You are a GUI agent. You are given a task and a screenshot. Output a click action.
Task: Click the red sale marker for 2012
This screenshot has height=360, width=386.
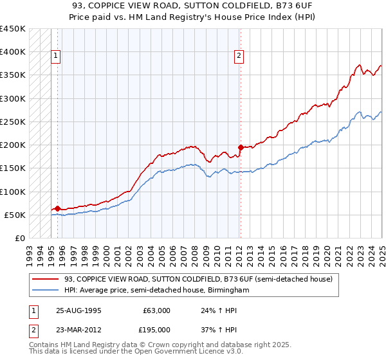coord(240,147)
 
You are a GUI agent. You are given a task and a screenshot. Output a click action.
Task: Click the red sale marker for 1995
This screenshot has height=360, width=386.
coord(57,208)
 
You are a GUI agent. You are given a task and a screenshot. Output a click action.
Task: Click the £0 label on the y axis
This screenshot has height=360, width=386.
coord(19,238)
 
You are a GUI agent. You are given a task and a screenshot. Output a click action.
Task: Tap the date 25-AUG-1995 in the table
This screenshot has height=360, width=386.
coord(78,310)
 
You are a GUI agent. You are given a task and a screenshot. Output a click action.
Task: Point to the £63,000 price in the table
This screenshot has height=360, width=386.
coord(156,310)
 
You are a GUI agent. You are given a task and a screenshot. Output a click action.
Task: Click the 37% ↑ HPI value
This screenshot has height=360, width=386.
coord(219,330)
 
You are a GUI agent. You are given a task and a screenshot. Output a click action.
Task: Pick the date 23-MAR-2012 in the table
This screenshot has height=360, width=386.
coord(78,330)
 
